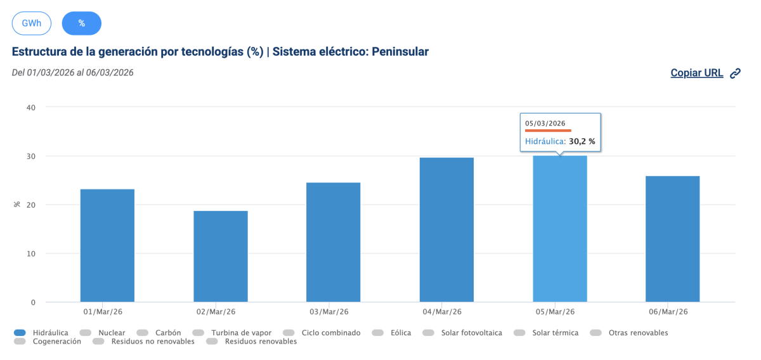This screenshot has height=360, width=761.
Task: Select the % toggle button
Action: point(81,23)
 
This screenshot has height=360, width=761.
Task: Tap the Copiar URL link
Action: point(697,73)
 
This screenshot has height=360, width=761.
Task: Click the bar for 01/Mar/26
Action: point(107,245)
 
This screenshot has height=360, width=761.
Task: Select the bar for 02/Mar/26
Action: point(220,256)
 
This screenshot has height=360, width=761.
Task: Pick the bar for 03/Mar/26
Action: point(333,242)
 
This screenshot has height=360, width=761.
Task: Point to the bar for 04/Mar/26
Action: point(446,229)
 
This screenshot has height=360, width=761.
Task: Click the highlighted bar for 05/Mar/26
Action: point(559,229)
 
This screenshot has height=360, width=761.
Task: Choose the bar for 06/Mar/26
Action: point(672,239)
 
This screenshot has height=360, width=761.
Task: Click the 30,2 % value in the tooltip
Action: point(582,142)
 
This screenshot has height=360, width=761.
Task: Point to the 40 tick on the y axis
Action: point(31,107)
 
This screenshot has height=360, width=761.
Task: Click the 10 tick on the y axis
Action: point(31,254)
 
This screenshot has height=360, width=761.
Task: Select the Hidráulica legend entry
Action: point(46,333)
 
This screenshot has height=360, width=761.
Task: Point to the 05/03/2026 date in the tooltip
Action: point(545,123)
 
